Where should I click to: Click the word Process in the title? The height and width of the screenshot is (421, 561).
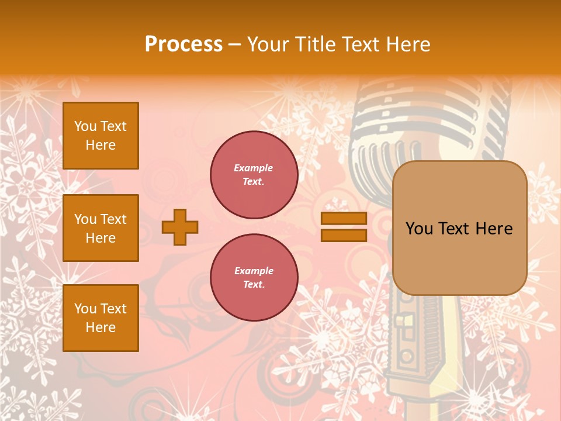coord(183,44)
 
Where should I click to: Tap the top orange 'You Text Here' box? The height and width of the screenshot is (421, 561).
coord(101,136)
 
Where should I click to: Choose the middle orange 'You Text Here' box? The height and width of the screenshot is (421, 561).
coord(101,228)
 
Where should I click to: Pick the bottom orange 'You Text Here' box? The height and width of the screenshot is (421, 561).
coord(101,318)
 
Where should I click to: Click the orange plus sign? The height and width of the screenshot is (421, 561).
coord(180,227)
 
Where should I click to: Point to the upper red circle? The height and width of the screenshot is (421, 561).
coord(254,175)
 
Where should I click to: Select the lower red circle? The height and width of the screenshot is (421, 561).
coord(254,278)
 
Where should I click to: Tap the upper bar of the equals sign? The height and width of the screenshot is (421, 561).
coord(344,219)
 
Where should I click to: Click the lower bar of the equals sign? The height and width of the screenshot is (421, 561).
coord(344,235)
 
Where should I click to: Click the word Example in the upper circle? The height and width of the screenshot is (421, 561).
coord(254,168)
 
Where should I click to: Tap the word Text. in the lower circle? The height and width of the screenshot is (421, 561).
coord(254,285)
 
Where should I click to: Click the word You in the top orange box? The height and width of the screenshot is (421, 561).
coord(85,126)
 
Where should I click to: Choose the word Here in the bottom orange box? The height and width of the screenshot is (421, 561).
coord(101,327)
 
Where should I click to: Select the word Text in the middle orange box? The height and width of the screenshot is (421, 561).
coord(113,219)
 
